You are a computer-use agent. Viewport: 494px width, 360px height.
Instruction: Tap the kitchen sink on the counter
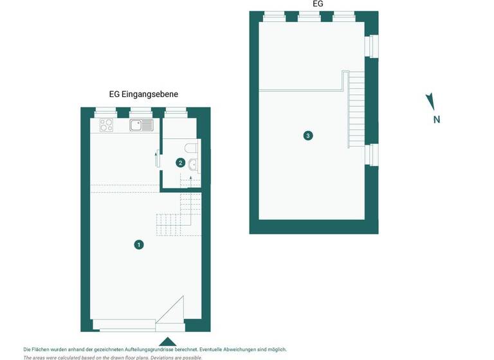pyautogui.click(x=141, y=125)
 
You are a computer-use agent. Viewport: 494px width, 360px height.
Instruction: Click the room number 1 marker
pyautogui.click(x=138, y=244)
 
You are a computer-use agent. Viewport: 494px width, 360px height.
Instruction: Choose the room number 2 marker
pyautogui.click(x=181, y=163)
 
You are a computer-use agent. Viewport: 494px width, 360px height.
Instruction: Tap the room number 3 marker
pyautogui.click(x=308, y=136)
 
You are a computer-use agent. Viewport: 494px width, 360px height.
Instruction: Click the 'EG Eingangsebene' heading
pyautogui.click(x=143, y=94)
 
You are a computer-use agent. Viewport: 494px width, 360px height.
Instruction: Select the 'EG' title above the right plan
pyautogui.click(x=317, y=4)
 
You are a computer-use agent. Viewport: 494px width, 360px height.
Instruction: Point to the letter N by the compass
pyautogui.click(x=436, y=119)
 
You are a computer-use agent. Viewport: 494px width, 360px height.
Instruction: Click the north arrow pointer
pyautogui.click(x=430, y=101)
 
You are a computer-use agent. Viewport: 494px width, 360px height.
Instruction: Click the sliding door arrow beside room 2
pyautogui.click(x=158, y=157)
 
